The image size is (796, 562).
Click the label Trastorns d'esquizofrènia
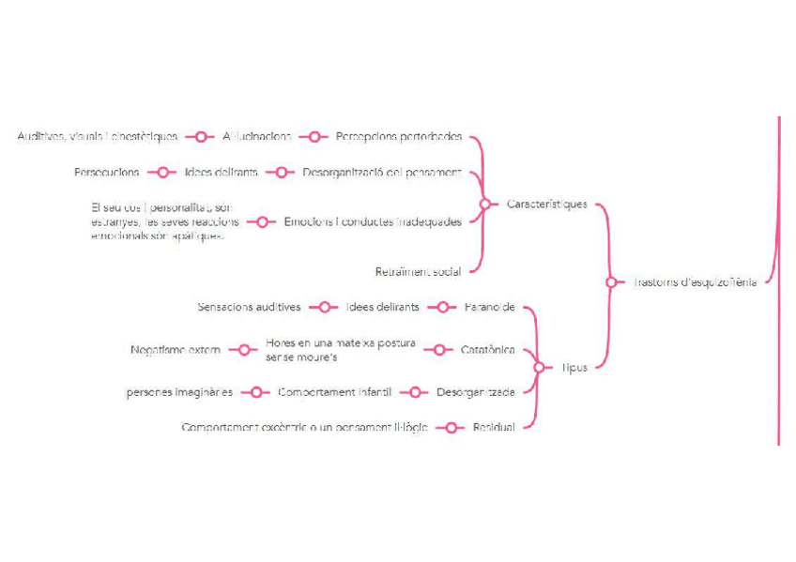pos(695,281)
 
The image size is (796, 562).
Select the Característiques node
pos(546,204)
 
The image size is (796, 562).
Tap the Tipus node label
pos(574,368)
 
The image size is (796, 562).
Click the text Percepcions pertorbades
pos(398,136)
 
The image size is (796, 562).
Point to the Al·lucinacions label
pos(256,136)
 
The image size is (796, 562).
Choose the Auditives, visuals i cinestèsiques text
pos(97,136)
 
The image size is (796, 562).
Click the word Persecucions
pos(107,173)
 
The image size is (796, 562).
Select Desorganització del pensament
pos(381,173)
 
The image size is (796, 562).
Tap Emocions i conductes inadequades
pos(373,222)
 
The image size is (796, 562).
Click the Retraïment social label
pos(418,272)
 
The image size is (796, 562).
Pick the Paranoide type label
pos(489,307)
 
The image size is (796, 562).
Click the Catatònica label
pos(487,350)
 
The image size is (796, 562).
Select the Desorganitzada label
pos(475,392)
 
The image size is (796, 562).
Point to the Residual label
pos(493,428)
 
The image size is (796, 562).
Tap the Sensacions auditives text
pos(249,307)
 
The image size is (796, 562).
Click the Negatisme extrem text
pos(176,350)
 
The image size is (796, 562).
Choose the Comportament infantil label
pos(334,392)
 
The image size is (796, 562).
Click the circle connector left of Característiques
pos(484,204)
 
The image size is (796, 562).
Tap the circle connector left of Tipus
pos(538,368)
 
